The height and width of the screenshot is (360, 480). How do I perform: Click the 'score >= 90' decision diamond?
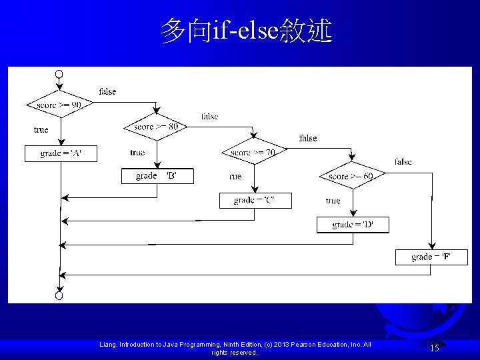click(x=59, y=105)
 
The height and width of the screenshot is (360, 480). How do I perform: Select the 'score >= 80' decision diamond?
click(x=156, y=127)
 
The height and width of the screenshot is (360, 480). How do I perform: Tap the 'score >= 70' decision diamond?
click(x=253, y=153)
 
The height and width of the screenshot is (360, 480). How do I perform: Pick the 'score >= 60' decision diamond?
click(x=351, y=176)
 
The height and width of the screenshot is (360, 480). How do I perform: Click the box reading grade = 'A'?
click(x=61, y=153)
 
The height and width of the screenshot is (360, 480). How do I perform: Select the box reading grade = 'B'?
click(x=157, y=176)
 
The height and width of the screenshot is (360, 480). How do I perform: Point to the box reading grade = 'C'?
click(x=255, y=200)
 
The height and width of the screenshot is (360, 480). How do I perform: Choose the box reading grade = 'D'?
click(x=353, y=225)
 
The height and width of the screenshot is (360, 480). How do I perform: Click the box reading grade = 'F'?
click(x=431, y=257)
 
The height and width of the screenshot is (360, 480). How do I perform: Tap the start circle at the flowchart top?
click(x=59, y=73)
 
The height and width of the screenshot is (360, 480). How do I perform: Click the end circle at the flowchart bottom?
click(x=59, y=295)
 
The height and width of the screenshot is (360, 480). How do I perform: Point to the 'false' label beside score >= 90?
click(x=107, y=91)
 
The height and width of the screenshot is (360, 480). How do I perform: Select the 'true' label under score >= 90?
click(x=41, y=129)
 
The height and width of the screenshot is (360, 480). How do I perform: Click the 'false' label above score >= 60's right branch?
click(x=403, y=161)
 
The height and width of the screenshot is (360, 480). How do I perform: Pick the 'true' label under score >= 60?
click(x=333, y=201)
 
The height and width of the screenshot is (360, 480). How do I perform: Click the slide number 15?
click(x=434, y=347)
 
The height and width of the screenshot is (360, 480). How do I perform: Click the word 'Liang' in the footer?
click(x=109, y=344)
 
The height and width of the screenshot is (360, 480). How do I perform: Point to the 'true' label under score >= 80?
click(x=137, y=153)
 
